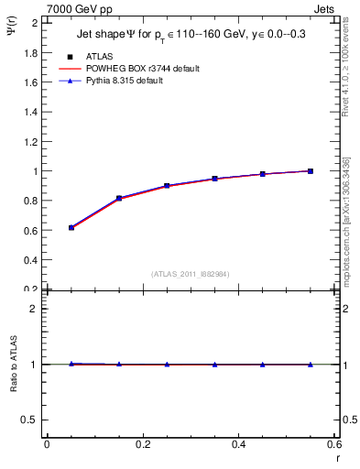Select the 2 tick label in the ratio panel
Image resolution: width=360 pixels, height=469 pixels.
[35, 309]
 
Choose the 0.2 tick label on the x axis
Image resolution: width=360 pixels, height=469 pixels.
[142, 445]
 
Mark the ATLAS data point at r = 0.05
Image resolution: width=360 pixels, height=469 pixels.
[71, 227]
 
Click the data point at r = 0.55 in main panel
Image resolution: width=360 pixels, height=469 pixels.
[311, 170]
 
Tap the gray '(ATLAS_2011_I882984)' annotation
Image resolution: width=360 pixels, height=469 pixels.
[190, 273]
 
